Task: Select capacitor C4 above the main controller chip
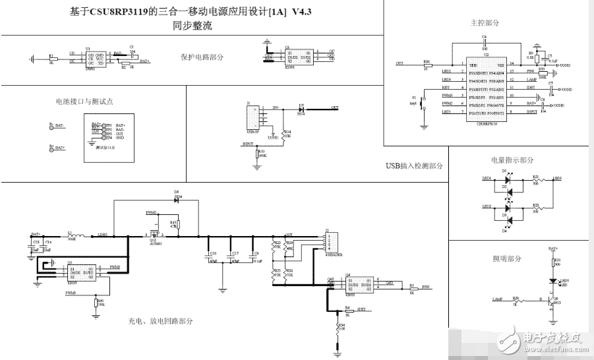pos(484,44)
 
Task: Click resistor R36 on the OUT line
pos(427,65)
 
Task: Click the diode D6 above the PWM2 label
pos(177,199)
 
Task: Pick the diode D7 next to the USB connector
pos(301,108)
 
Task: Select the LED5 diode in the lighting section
pos(552,280)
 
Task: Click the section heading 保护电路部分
pos(202,57)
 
